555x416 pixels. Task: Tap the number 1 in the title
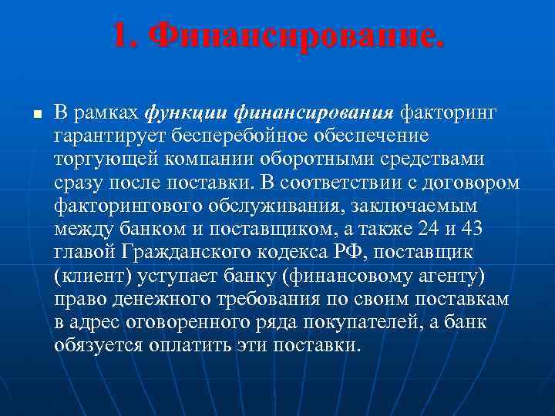click(119, 36)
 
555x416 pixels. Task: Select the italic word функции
click(175, 114)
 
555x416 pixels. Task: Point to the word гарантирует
click(99, 137)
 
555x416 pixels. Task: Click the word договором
click(469, 183)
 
